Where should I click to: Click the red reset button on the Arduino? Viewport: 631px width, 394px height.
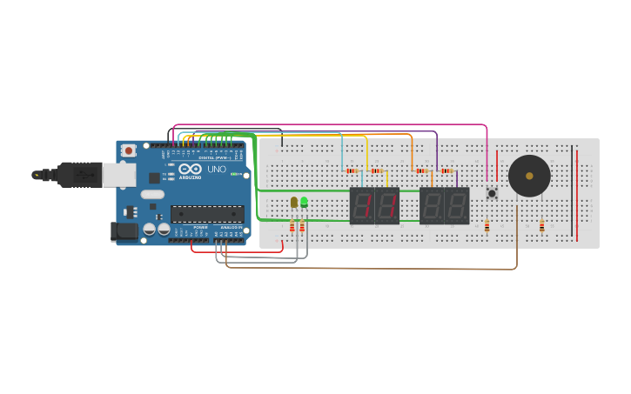coord(128,150)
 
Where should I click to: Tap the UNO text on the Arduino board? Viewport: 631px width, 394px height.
coord(216,169)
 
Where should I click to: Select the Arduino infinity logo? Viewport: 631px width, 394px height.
coord(191,169)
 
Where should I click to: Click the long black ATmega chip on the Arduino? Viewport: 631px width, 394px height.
coord(207,214)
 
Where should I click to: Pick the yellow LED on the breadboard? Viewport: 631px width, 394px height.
coord(294,202)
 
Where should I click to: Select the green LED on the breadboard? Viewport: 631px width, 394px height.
coord(304,202)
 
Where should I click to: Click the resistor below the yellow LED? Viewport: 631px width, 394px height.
coord(292,227)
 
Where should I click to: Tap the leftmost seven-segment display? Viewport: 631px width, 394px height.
coord(362,206)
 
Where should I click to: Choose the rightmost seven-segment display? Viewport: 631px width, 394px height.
coord(457,206)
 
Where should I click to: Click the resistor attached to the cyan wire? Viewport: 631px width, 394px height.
coord(352,171)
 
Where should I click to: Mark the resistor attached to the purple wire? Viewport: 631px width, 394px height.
coord(446,171)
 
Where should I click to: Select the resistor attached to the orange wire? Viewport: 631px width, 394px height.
coord(422,171)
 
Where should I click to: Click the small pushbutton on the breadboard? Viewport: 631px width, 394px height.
coord(492,193)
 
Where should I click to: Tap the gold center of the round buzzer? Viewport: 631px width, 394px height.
coord(529,176)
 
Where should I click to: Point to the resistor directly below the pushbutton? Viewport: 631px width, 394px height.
coord(487,226)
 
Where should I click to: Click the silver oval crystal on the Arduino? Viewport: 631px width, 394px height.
coord(151,195)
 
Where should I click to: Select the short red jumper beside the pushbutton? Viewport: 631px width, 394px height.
coord(497,165)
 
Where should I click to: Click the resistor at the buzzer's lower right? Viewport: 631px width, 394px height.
coord(541,226)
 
